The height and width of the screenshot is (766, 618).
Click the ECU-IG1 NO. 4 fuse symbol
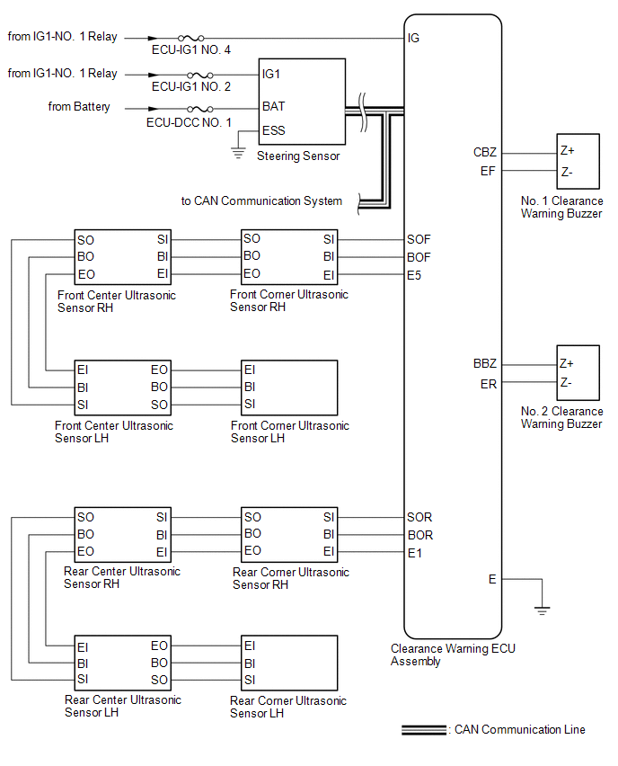[x=190, y=38]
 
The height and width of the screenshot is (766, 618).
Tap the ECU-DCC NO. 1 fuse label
[x=189, y=122]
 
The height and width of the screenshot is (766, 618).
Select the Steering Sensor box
[x=302, y=102]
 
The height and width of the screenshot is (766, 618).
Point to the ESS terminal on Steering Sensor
[x=273, y=131]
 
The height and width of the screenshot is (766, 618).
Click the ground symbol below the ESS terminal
[x=238, y=153]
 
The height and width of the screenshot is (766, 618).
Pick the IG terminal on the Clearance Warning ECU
[x=413, y=38]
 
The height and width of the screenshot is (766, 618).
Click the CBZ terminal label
[x=485, y=153]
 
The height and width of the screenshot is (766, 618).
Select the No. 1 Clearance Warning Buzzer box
[x=578, y=161]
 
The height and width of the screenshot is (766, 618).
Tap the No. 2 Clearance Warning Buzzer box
[x=578, y=373]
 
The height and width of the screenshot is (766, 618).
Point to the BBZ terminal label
[x=485, y=363]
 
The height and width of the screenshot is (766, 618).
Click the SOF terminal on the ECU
[x=419, y=239]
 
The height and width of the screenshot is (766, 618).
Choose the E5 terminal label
[x=414, y=275]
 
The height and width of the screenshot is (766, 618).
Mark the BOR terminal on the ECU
[x=420, y=536]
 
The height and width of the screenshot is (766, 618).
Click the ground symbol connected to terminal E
[x=542, y=610]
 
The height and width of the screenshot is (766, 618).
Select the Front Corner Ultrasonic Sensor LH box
[x=289, y=387]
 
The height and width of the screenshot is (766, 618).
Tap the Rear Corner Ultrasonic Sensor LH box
[x=289, y=663]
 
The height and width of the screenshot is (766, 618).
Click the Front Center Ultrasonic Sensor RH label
[x=116, y=301]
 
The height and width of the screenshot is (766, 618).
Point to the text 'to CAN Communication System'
[x=261, y=201]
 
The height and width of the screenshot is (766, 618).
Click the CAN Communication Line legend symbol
[x=424, y=730]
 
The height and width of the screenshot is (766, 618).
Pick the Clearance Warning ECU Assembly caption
[x=453, y=655]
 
